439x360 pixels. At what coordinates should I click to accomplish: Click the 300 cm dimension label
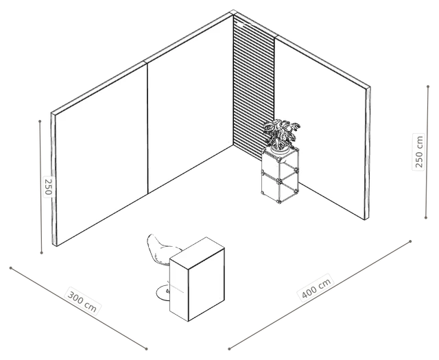(x=82, y=302)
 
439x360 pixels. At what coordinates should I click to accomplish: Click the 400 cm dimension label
(x=316, y=288)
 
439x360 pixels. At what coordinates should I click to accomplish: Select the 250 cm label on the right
(x=419, y=152)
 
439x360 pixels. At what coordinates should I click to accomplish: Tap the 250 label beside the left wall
(x=48, y=187)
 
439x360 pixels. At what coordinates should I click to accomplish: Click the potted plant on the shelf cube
(x=281, y=136)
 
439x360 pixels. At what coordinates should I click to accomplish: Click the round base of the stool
(x=163, y=293)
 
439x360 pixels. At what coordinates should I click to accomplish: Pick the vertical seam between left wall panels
(x=147, y=128)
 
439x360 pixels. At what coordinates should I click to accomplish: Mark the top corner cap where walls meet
(x=233, y=12)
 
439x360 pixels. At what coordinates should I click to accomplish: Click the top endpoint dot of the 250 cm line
(x=428, y=86)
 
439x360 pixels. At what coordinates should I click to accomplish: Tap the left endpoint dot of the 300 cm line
(x=11, y=268)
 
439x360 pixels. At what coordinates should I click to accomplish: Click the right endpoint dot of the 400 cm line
(x=410, y=241)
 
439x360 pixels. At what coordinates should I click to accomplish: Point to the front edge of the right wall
(x=368, y=154)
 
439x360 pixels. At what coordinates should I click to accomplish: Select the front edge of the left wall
(x=54, y=180)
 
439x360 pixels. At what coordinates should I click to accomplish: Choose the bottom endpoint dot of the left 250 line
(x=41, y=253)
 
